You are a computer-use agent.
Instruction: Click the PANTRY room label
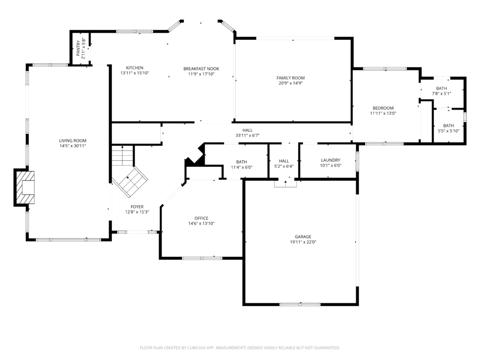pos(78,48)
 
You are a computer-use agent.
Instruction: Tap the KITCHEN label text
pos(135,67)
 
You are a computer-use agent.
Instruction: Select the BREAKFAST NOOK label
pos(201,68)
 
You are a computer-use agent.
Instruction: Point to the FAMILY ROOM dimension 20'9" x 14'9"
pos(291,83)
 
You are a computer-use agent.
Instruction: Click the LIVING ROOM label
pos(73,141)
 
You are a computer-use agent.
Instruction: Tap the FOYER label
pos(137,207)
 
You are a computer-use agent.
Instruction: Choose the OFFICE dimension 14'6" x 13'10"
pos(201,224)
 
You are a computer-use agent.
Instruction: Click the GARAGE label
pos(303,237)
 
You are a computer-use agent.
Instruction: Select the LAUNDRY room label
pos(330,160)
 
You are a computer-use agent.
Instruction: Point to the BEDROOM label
pos(383,108)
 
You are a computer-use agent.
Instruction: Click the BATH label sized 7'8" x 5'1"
pos(442,89)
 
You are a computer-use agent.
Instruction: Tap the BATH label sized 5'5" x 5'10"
pos(449,126)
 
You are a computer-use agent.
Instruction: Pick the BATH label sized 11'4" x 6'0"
pos(241,162)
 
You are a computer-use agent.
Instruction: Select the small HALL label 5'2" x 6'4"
pos(284,161)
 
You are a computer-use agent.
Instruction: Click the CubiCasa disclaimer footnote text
pos(240,348)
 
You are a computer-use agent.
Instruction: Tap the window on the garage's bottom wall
pos(300,304)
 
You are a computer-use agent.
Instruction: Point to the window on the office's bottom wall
pos(202,258)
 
